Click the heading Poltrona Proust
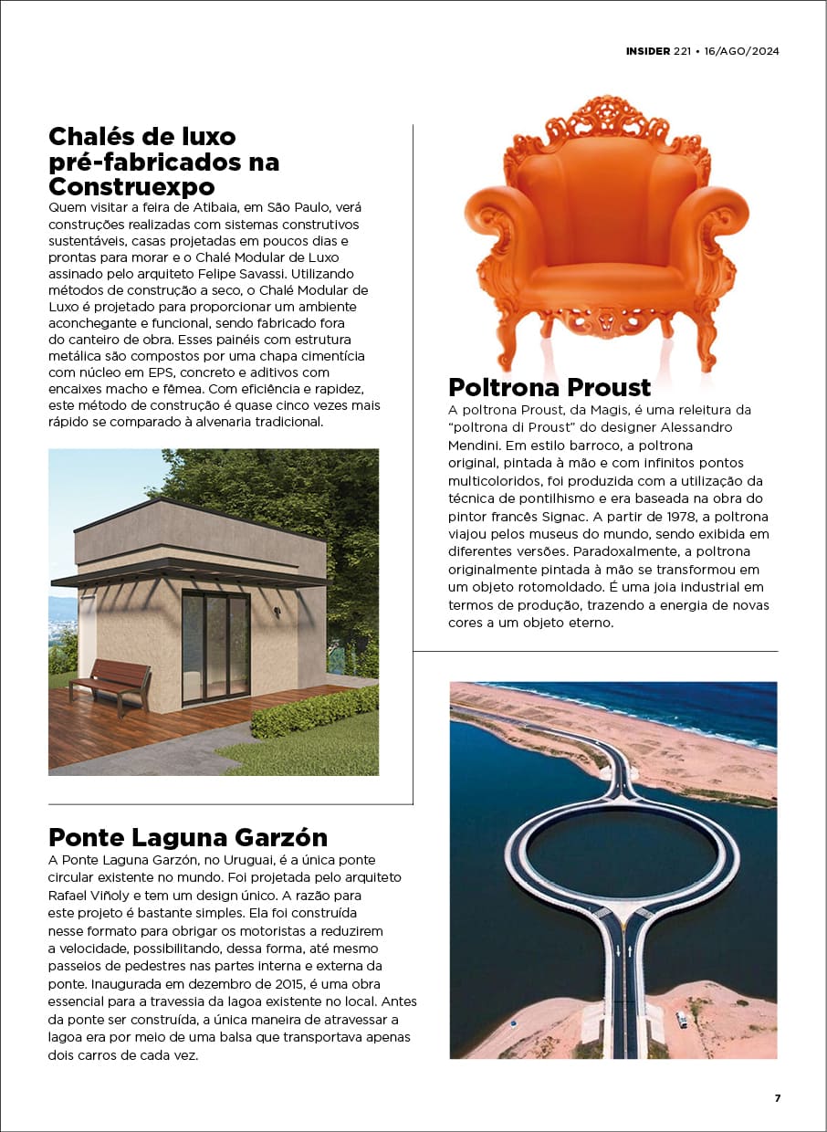(550, 387)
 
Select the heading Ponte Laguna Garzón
(188, 837)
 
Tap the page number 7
(778, 1098)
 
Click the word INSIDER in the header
(648, 51)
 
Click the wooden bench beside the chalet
(110, 682)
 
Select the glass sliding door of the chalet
(215, 646)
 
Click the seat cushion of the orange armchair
(606, 275)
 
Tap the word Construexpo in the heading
(131, 186)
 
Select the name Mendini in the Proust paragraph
(476, 445)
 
